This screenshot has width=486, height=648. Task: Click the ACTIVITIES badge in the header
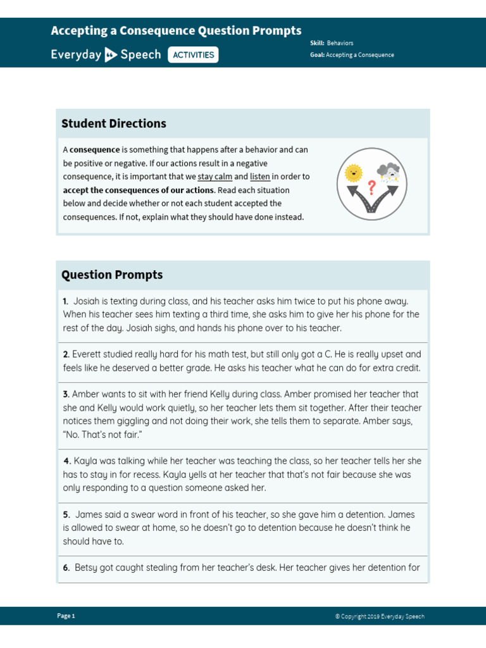pyautogui.click(x=193, y=55)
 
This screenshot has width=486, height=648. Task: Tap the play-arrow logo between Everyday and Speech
pyautogui.click(x=111, y=54)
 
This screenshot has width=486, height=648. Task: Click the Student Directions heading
pyautogui.click(x=114, y=123)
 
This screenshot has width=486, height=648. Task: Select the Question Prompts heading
pyautogui.click(x=112, y=275)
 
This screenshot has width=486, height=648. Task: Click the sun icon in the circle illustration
pyautogui.click(x=353, y=172)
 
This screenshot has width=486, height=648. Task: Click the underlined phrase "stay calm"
pyautogui.click(x=215, y=177)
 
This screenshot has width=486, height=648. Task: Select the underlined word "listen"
pyautogui.click(x=260, y=177)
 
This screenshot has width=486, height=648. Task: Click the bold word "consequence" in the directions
pyautogui.click(x=94, y=150)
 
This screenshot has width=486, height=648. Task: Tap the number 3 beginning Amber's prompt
pyautogui.click(x=66, y=394)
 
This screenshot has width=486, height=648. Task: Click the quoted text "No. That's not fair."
pyautogui.click(x=103, y=435)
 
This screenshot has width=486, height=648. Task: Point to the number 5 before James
pyautogui.click(x=66, y=514)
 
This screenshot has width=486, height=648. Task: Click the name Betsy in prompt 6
pyautogui.click(x=87, y=568)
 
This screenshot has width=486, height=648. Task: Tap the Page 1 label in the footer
pyautogui.click(x=66, y=616)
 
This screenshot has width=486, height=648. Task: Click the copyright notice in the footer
pyautogui.click(x=380, y=616)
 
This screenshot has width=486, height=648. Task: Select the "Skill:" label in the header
pyautogui.click(x=317, y=43)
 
